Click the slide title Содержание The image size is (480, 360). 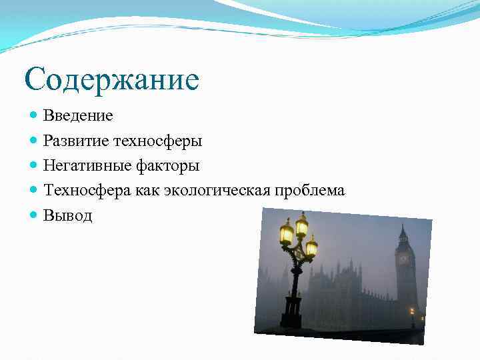coord(111,80)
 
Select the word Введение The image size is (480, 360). coord(78,116)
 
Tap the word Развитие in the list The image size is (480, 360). coord(76,141)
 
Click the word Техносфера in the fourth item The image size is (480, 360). coord(88,191)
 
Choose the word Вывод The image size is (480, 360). coord(68,215)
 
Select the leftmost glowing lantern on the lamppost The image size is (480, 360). coord(287,233)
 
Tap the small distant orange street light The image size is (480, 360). coord(411,310)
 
